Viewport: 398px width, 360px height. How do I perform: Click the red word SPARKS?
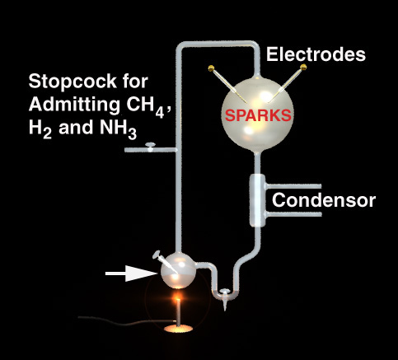(258, 115)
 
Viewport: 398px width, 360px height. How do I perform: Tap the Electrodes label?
(316, 54)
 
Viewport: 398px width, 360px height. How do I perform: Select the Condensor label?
(324, 200)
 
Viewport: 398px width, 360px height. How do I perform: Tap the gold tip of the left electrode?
(211, 68)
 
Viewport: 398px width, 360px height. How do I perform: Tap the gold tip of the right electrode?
(303, 67)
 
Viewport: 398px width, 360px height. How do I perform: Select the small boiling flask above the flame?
(178, 271)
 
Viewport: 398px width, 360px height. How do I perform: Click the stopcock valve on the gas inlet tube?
(151, 147)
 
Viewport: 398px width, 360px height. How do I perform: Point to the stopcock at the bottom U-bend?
(225, 298)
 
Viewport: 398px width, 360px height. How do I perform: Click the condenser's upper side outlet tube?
(293, 186)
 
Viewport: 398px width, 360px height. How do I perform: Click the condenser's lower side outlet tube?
(293, 214)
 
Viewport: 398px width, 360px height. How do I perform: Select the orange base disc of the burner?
(178, 329)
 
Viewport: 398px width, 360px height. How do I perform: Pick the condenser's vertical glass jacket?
(257, 200)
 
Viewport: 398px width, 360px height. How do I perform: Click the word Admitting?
(74, 105)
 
